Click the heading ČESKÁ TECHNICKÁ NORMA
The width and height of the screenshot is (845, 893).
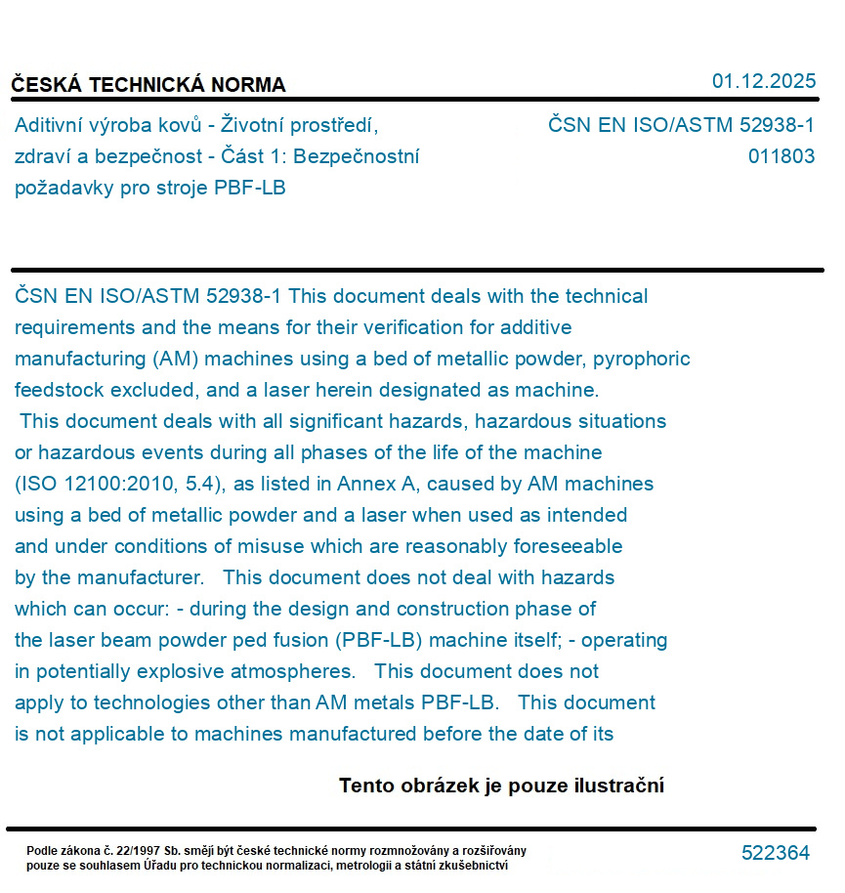[x=148, y=85]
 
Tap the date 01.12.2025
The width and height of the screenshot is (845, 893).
[x=763, y=81]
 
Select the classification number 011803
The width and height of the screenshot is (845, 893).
[x=782, y=156]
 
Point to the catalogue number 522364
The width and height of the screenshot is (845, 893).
[x=775, y=853]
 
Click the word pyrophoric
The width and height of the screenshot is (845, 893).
[x=642, y=359]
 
